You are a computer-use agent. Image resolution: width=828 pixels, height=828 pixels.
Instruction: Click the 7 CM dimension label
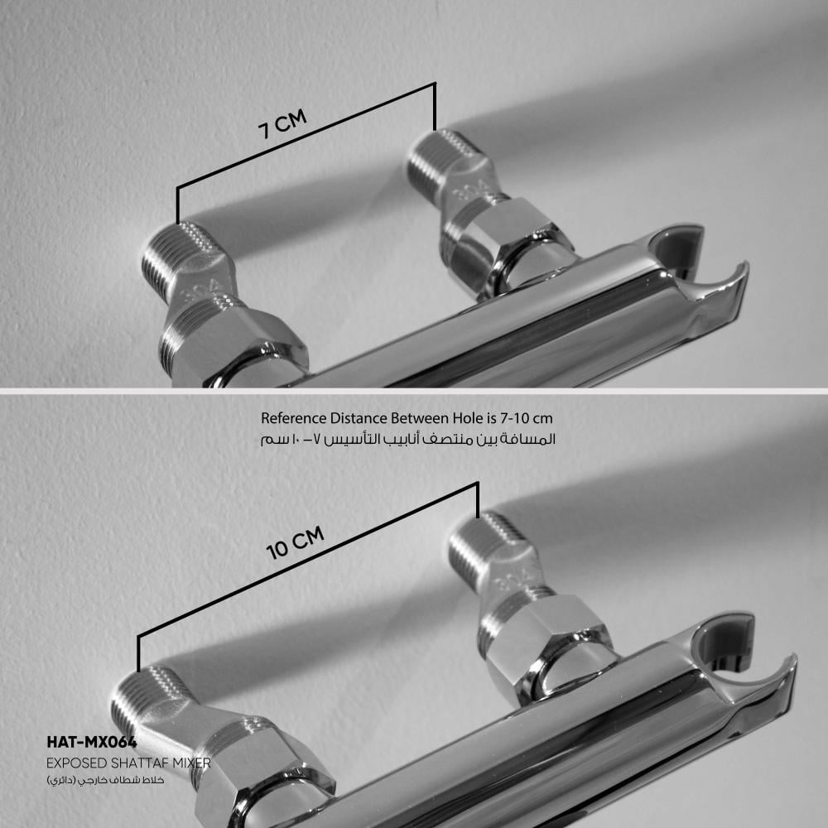[x=282, y=124]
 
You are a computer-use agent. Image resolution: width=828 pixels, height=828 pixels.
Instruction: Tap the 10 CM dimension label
[x=296, y=543]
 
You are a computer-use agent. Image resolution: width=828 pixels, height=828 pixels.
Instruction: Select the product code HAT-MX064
[x=92, y=742]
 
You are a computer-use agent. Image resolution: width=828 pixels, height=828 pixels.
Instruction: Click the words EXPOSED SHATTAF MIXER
[x=128, y=763]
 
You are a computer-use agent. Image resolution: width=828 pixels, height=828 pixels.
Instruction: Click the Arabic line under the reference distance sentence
[x=407, y=439]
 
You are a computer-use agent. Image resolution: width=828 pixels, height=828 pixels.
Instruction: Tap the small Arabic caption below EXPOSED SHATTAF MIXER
[x=105, y=780]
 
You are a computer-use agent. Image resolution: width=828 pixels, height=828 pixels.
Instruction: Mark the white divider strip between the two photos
[x=414, y=391]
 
